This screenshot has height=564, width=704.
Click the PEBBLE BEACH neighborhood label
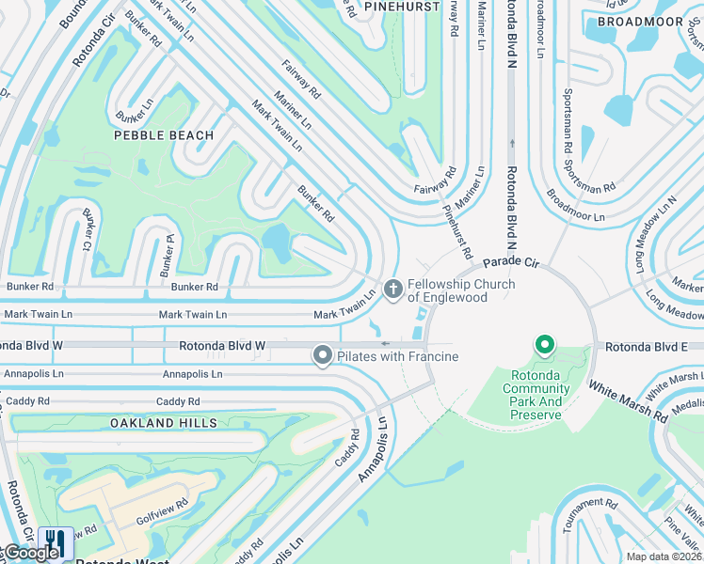[164, 135]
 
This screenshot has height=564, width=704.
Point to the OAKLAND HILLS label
[155, 423]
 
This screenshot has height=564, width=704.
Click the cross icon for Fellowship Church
[392, 286]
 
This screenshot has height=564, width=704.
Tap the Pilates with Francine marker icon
[323, 355]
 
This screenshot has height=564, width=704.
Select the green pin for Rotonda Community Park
[543, 346]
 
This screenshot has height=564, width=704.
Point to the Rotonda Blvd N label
[511, 201]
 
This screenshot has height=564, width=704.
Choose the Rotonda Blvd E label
[648, 347]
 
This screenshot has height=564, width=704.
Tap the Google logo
[30, 552]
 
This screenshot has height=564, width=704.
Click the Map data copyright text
[664, 556]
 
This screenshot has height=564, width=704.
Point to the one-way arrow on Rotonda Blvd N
[512, 144]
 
